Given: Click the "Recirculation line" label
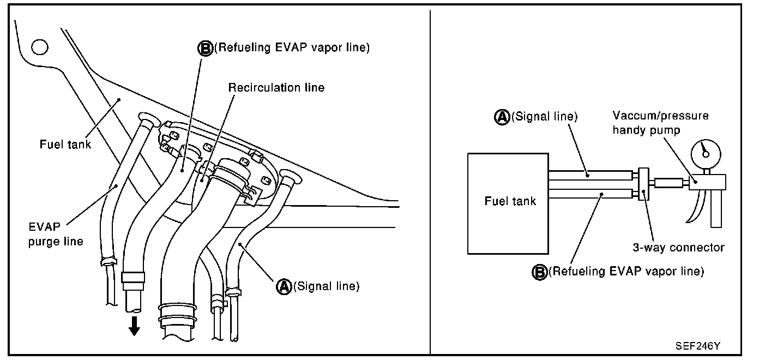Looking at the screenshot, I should tap(276, 87).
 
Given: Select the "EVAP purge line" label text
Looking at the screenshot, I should tap(56, 233).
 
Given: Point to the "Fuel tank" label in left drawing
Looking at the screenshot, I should tap(65, 145).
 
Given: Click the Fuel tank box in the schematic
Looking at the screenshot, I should tap(508, 202).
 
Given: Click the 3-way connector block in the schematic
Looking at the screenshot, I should tap(644, 185).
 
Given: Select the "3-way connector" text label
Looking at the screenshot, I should tap(678, 248).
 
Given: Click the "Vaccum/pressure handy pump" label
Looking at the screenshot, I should tap(660, 123).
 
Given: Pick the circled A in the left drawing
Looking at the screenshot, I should tap(284, 286).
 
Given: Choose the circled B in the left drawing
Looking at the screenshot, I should tap(205, 49).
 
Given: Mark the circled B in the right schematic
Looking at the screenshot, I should tap(539, 271).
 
